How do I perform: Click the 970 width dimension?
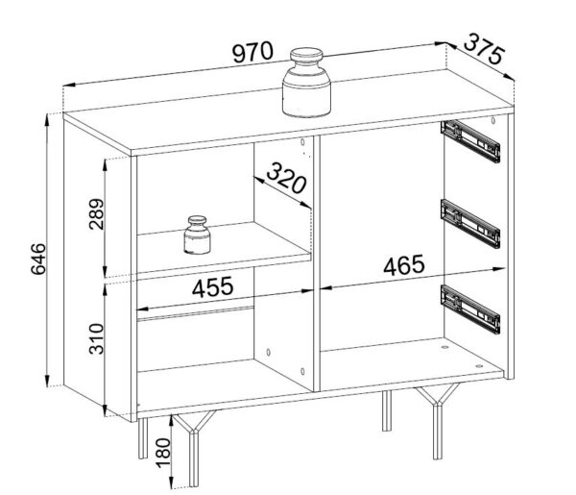pos(253,52)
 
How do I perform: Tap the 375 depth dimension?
pos(484,49)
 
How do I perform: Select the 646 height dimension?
pos(38,259)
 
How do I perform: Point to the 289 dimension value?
pos(97,214)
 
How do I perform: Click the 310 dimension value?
pos(97,338)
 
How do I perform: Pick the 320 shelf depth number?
pos(286,178)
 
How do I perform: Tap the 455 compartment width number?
pos(213,287)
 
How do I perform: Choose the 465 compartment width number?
pos(404,265)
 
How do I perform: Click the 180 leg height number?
pos(164,453)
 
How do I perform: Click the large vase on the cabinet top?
pos(306,83)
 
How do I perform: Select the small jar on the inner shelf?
pos(197,235)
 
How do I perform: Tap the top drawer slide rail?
pos(470,141)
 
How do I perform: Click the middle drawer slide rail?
pos(470,224)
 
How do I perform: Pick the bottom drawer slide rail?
pos(470,309)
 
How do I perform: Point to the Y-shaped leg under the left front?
pos(194,449)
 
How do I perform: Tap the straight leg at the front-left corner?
pos(143,438)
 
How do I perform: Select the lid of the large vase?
pos(306,56)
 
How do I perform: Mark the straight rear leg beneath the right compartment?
pos(387,410)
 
